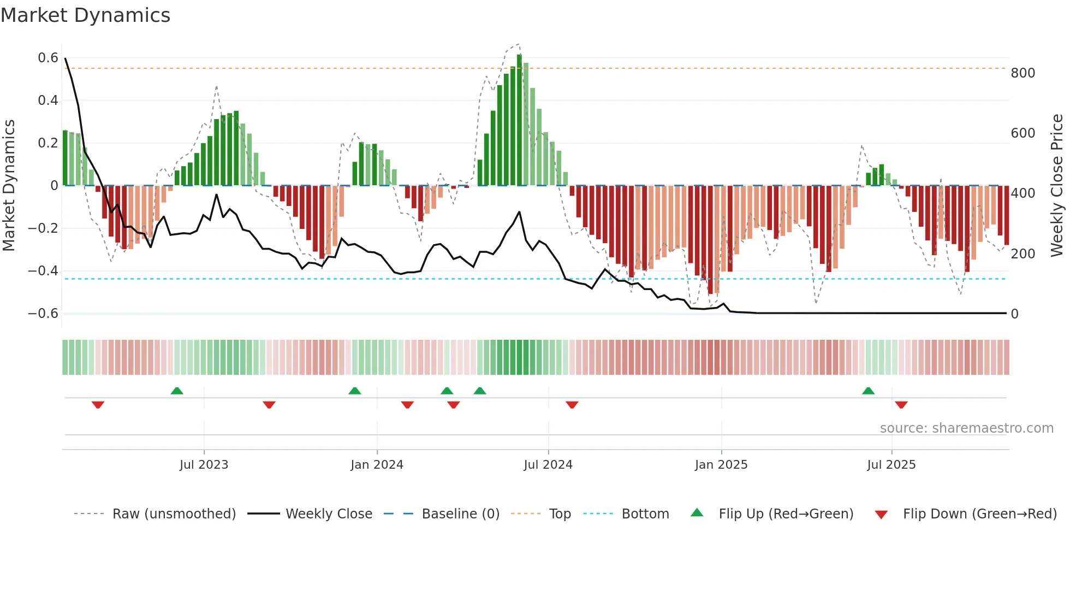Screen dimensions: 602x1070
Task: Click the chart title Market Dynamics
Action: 86,15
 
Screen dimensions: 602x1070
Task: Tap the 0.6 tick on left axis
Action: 48,58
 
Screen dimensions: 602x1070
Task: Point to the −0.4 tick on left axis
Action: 43,271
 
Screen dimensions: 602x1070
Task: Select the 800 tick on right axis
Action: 1023,73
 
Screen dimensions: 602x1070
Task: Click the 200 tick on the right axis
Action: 1023,254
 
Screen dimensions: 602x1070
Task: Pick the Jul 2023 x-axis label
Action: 204,465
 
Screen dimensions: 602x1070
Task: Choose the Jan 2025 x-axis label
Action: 721,465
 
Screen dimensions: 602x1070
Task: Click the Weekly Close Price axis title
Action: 1057,185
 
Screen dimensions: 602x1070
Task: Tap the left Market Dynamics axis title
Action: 9,185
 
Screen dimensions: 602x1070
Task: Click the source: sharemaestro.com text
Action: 966,428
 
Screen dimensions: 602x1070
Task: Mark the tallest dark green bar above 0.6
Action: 519,120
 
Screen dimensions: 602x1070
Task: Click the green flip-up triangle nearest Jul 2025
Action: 868,391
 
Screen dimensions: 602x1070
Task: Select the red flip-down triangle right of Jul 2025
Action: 901,405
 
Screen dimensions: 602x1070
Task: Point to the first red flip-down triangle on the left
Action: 98,405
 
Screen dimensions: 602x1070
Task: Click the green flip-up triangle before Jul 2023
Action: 177,391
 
